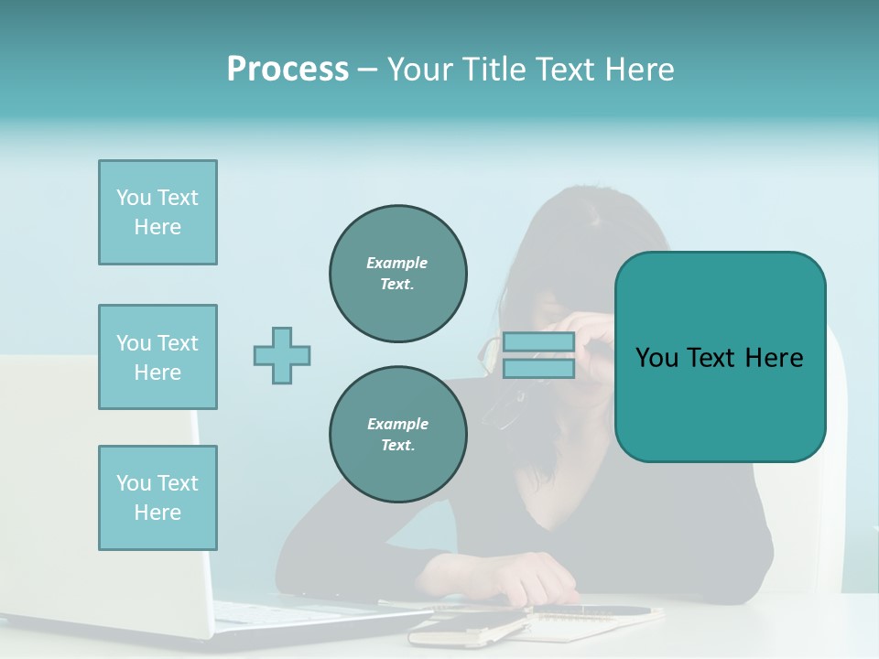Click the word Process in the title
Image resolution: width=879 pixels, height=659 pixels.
[288, 70]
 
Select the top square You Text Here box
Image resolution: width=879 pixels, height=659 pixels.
[157, 212]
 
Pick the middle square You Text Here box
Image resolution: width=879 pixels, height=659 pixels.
[157, 357]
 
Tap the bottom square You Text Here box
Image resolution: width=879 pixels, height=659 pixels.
[157, 498]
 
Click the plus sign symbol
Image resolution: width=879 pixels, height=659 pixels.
[282, 355]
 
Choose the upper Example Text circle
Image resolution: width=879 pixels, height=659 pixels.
[398, 274]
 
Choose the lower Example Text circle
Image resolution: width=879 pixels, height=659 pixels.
[398, 435]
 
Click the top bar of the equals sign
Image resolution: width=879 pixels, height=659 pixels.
[538, 342]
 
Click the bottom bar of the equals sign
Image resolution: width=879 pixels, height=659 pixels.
[538, 369]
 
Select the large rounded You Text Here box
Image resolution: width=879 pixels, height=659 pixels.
[720, 357]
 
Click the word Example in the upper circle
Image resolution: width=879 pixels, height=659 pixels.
[396, 263]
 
